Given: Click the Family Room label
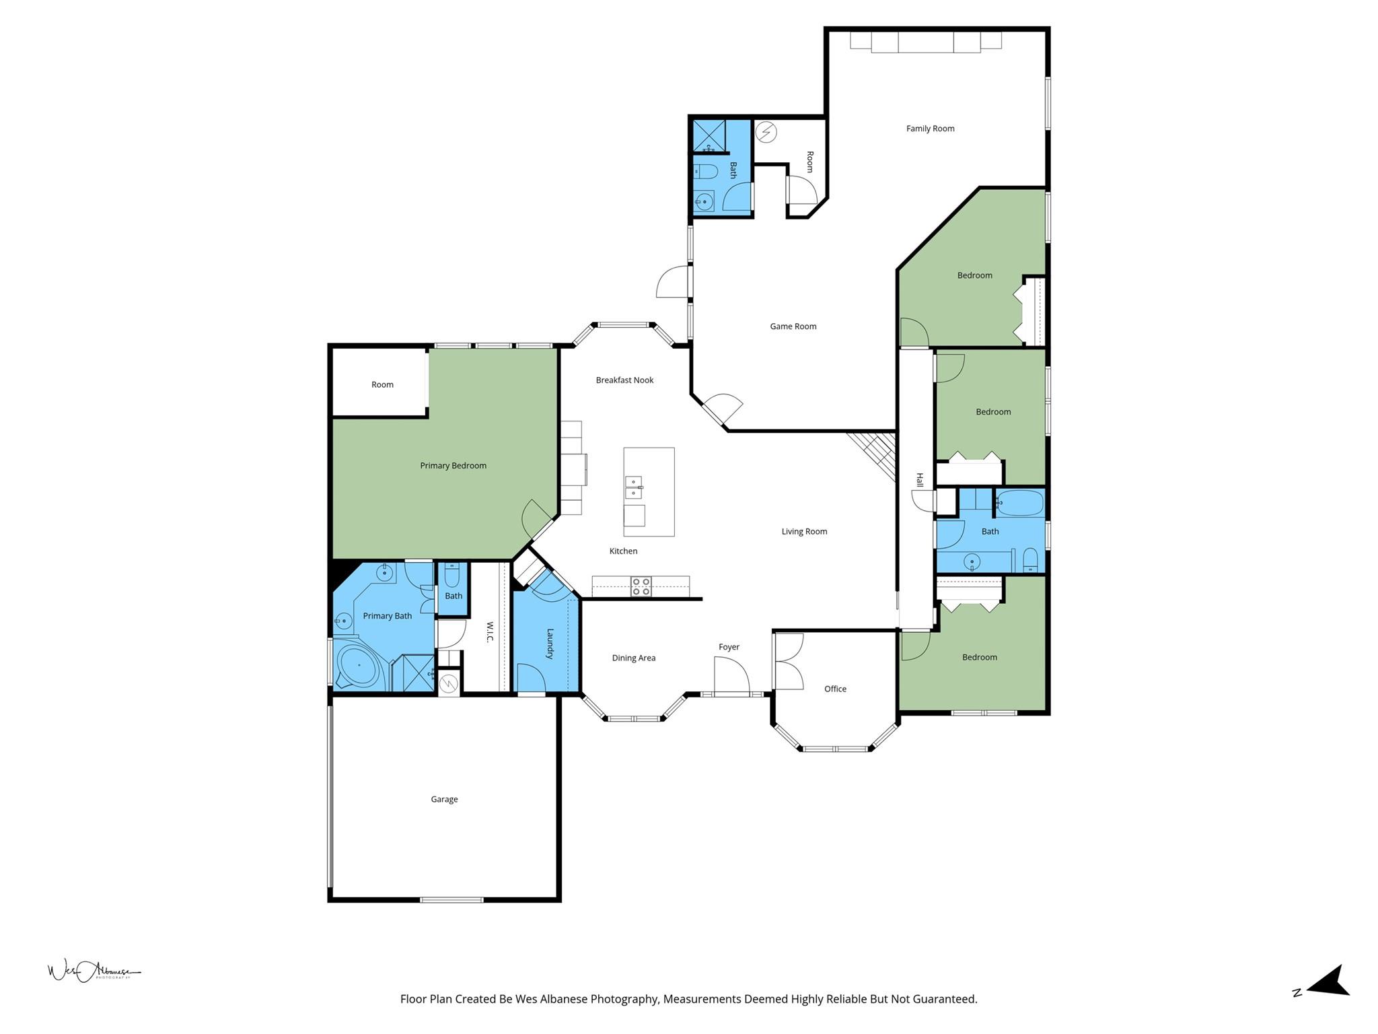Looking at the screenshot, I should click(x=930, y=129).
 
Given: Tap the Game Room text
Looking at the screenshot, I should click(x=793, y=326).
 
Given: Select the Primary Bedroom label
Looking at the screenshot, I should click(x=453, y=466).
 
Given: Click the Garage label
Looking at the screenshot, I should click(x=444, y=800).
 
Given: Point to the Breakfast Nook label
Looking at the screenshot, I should click(x=624, y=380).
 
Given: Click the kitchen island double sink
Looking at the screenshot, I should click(x=633, y=487).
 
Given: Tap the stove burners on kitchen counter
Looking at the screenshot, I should click(x=641, y=586).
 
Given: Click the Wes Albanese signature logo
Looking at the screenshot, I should click(x=93, y=971).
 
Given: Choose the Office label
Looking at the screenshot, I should click(x=835, y=689).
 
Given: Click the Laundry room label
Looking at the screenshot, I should click(x=550, y=644).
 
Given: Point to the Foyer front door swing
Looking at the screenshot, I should click(x=732, y=675).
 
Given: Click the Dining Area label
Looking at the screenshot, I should click(x=633, y=658).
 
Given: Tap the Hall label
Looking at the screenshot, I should click(x=919, y=480).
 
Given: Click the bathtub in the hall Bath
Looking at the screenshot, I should click(x=1020, y=503).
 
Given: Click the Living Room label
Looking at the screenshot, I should click(x=804, y=532).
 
